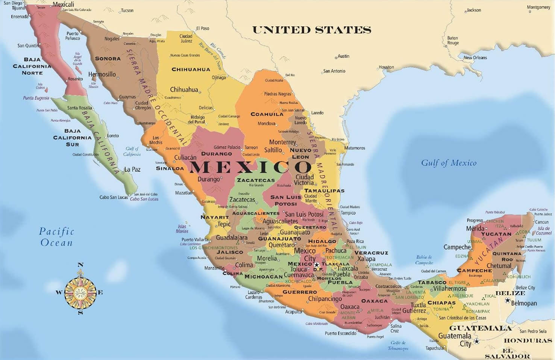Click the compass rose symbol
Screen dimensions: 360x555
[x=80, y=292]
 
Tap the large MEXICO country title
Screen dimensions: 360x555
[x=250, y=166]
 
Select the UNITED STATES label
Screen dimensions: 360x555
[x=311, y=30]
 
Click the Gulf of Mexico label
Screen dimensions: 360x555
[x=449, y=163]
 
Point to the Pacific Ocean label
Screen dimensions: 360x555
[x=56, y=237]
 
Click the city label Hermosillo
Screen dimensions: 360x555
[x=102, y=74]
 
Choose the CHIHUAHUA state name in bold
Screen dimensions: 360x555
[x=191, y=69]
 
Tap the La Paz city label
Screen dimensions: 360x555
[x=132, y=169]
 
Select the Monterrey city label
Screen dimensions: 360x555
[x=282, y=142]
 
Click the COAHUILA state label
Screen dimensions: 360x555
[x=267, y=114]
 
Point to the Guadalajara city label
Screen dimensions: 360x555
[x=232, y=238]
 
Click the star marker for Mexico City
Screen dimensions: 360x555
[x=316, y=265]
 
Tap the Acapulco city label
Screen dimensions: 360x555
[x=293, y=312]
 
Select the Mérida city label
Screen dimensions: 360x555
[x=475, y=228]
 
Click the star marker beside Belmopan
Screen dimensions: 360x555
[x=508, y=300]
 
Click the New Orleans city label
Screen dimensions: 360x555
[x=475, y=57]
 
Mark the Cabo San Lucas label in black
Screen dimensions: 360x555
[x=114, y=197]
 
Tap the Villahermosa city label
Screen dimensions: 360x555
[x=450, y=289]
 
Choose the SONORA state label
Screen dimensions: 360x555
[x=108, y=59]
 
